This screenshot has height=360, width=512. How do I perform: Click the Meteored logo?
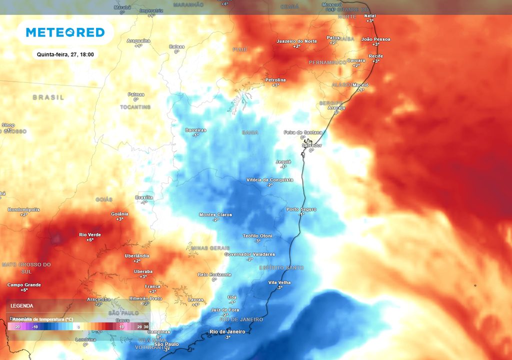[x=65, y=32]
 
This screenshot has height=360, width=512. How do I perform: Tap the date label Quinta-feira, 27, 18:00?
[x=65, y=54]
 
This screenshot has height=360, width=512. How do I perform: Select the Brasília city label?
[x=144, y=197]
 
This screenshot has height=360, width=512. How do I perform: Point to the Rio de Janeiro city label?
[x=227, y=331]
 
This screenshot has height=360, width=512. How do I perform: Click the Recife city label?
[x=375, y=56]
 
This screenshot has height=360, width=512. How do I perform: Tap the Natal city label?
[x=370, y=16]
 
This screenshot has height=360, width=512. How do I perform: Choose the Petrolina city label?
[x=275, y=80]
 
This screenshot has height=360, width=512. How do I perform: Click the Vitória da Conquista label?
[x=270, y=180]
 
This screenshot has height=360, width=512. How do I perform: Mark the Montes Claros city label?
[x=215, y=214]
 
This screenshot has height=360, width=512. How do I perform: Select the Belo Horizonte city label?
[x=214, y=274]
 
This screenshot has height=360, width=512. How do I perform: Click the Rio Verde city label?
[x=90, y=234]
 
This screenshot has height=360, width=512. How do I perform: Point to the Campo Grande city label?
[x=24, y=285]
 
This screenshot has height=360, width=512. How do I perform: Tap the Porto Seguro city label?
[x=301, y=209]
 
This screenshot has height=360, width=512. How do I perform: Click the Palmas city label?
[x=136, y=94]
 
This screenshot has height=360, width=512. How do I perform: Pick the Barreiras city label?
[x=195, y=130]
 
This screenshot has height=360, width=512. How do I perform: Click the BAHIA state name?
[x=250, y=132]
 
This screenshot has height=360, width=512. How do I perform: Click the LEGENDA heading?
[x=22, y=305]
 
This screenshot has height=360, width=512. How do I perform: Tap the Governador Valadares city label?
[x=249, y=254]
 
